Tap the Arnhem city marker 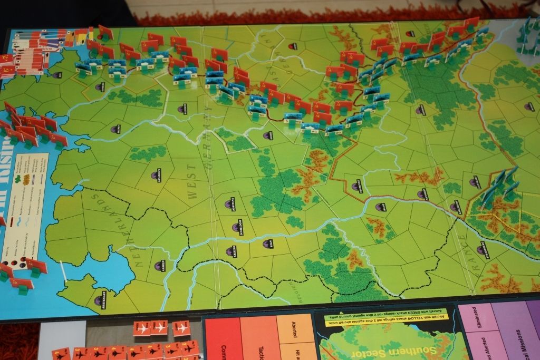click(x=158, y=266)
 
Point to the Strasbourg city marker click(x=481, y=250)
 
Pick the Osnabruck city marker click(x=155, y=175)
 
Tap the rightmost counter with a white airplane click(x=181, y=328)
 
